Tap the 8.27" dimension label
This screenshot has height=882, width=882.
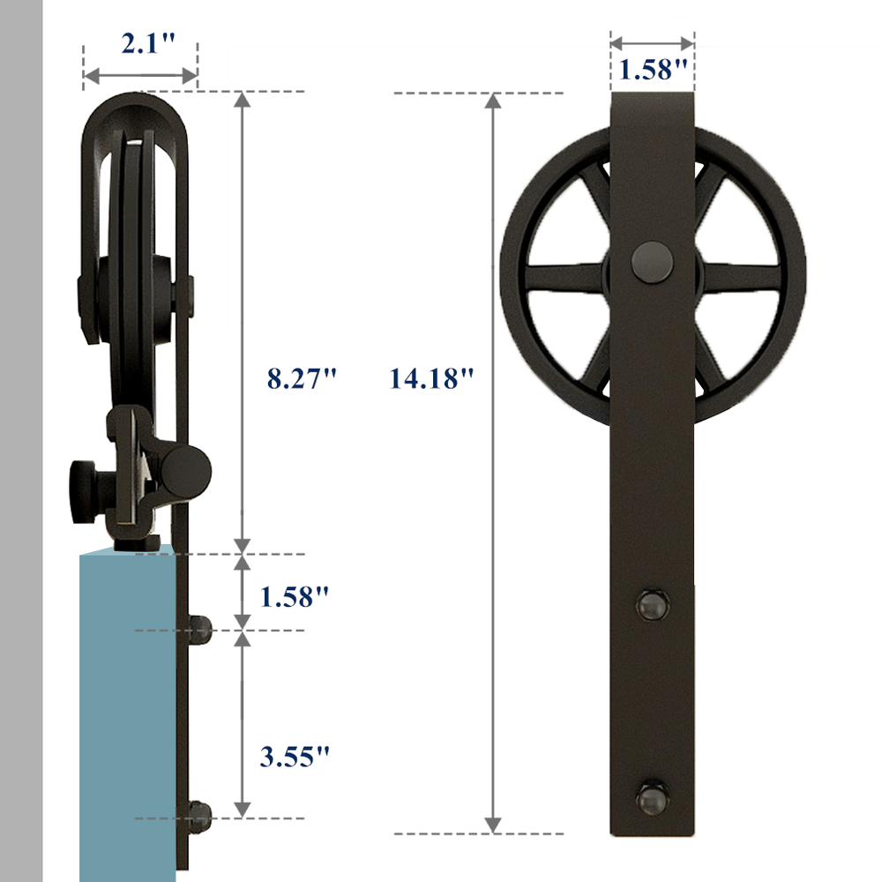pyautogui.click(x=303, y=379)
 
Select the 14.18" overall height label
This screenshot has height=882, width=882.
pyautogui.click(x=431, y=379)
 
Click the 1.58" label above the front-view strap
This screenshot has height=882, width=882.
pyautogui.click(x=653, y=71)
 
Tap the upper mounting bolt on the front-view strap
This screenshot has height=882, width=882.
pyautogui.click(x=653, y=606)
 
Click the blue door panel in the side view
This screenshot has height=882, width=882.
pyautogui.click(x=128, y=706)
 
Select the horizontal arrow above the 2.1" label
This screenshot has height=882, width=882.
pyautogui.click(x=140, y=78)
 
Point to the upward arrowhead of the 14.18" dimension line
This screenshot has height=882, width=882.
pyautogui.click(x=494, y=101)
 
